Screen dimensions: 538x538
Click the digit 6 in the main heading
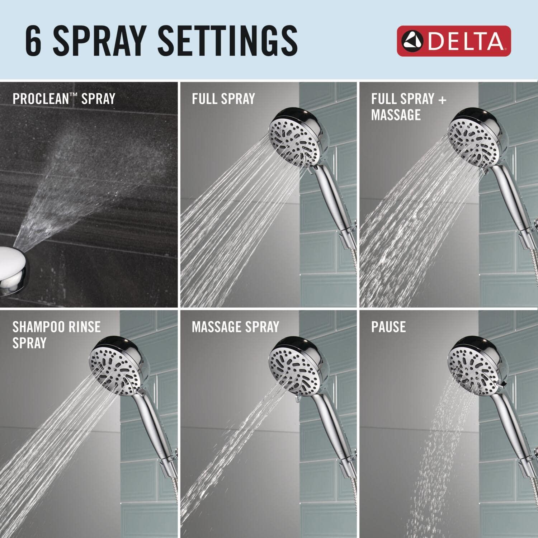pyautogui.click(x=34, y=41)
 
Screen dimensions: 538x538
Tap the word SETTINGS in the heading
pyautogui.click(x=227, y=41)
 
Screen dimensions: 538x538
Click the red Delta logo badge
pyautogui.click(x=453, y=41)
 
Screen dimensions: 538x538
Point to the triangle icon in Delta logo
pyautogui.click(x=412, y=41)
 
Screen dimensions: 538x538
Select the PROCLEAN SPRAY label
pyautogui.click(x=64, y=99)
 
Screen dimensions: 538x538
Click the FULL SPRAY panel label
pyautogui.click(x=223, y=99)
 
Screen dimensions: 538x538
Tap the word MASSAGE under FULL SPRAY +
pyautogui.click(x=396, y=115)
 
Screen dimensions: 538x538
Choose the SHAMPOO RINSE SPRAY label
pyautogui.click(x=56, y=334)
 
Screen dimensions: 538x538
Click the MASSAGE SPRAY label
pyautogui.click(x=235, y=327)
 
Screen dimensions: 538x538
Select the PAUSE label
pyautogui.click(x=388, y=327)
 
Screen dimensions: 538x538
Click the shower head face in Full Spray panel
pyautogui.click(x=294, y=140)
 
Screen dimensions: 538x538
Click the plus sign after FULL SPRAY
pyautogui.click(x=442, y=99)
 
